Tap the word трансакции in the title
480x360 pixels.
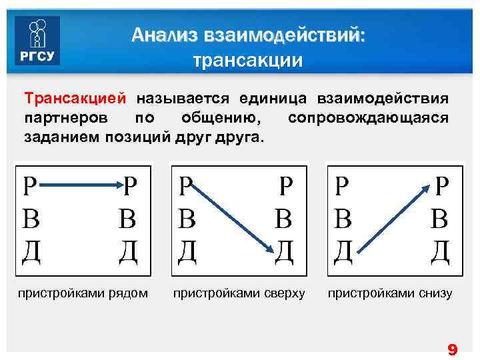pos(247,61)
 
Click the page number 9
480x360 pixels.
pos(452,349)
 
